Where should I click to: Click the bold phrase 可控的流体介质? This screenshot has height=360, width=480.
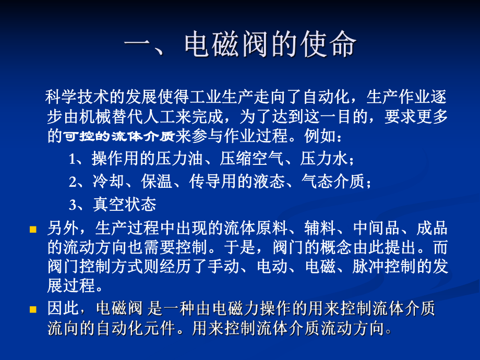[x=119, y=136]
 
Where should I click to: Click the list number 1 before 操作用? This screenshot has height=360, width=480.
[x=73, y=159]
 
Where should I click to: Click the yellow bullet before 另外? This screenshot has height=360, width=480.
[x=33, y=230]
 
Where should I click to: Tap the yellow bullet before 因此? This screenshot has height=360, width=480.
[x=33, y=310]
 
